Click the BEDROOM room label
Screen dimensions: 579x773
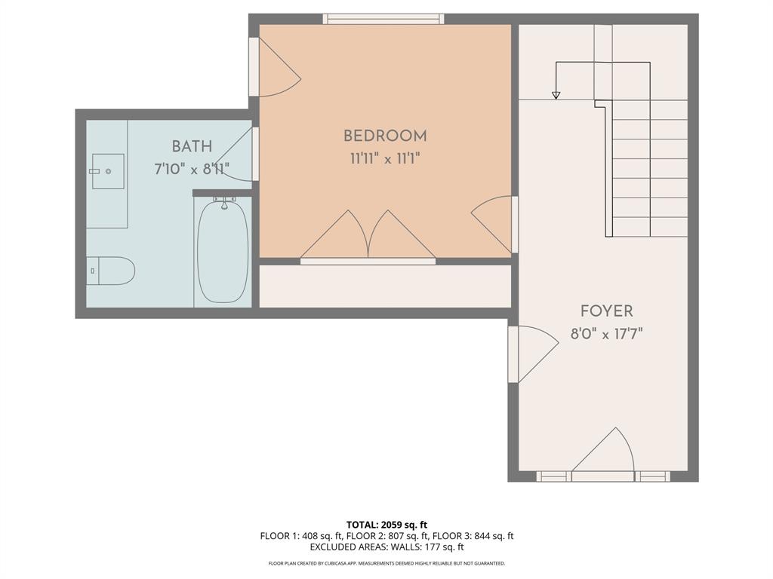coord(385,136)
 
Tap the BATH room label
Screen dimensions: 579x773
coord(192,146)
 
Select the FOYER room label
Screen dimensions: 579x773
coord(606,311)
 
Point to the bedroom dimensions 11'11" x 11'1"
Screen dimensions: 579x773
coord(385,159)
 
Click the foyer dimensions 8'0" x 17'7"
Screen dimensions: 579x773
coord(606,333)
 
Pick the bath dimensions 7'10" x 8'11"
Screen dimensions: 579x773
coord(192,169)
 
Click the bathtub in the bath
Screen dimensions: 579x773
coord(223,253)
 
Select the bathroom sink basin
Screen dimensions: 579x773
coord(108,171)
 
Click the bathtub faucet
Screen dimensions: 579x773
coord(223,202)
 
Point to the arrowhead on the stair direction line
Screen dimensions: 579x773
coord(556,95)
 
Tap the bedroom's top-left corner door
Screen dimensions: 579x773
coord(276,69)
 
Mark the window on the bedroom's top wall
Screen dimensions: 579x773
coord(383,19)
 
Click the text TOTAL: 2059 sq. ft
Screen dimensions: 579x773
coord(386,525)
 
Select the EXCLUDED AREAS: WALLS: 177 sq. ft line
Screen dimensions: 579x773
coord(386,547)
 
